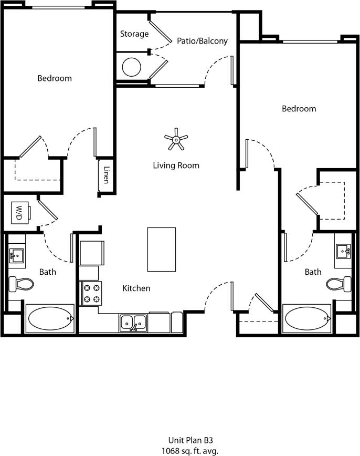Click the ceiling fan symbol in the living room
coord(176,139)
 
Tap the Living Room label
coord(176,165)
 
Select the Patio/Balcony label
coord(202,40)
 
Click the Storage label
coord(134,34)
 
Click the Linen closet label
coord(106,175)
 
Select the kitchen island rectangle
coord(161,249)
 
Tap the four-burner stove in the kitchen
coord(91,294)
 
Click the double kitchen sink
coord(133,322)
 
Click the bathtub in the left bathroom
coord(50,318)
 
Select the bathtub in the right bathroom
coord(307,318)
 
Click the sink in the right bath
coord(344,251)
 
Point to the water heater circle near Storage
coord(131,66)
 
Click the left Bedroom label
coord(55,78)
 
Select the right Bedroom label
coord(299,109)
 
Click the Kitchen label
coord(136,288)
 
